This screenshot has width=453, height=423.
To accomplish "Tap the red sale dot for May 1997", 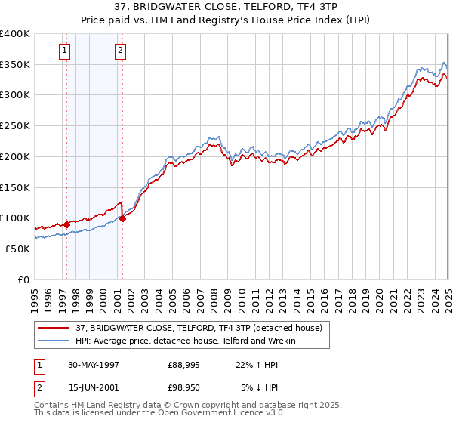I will (x=66, y=224).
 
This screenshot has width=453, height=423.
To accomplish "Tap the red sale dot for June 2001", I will (x=122, y=219).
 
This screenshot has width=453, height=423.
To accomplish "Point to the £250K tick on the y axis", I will (x=17, y=126).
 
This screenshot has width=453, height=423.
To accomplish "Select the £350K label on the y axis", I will (x=17, y=65).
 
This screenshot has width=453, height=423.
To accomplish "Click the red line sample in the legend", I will (x=53, y=328).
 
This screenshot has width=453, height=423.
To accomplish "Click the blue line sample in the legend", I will (x=53, y=341).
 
